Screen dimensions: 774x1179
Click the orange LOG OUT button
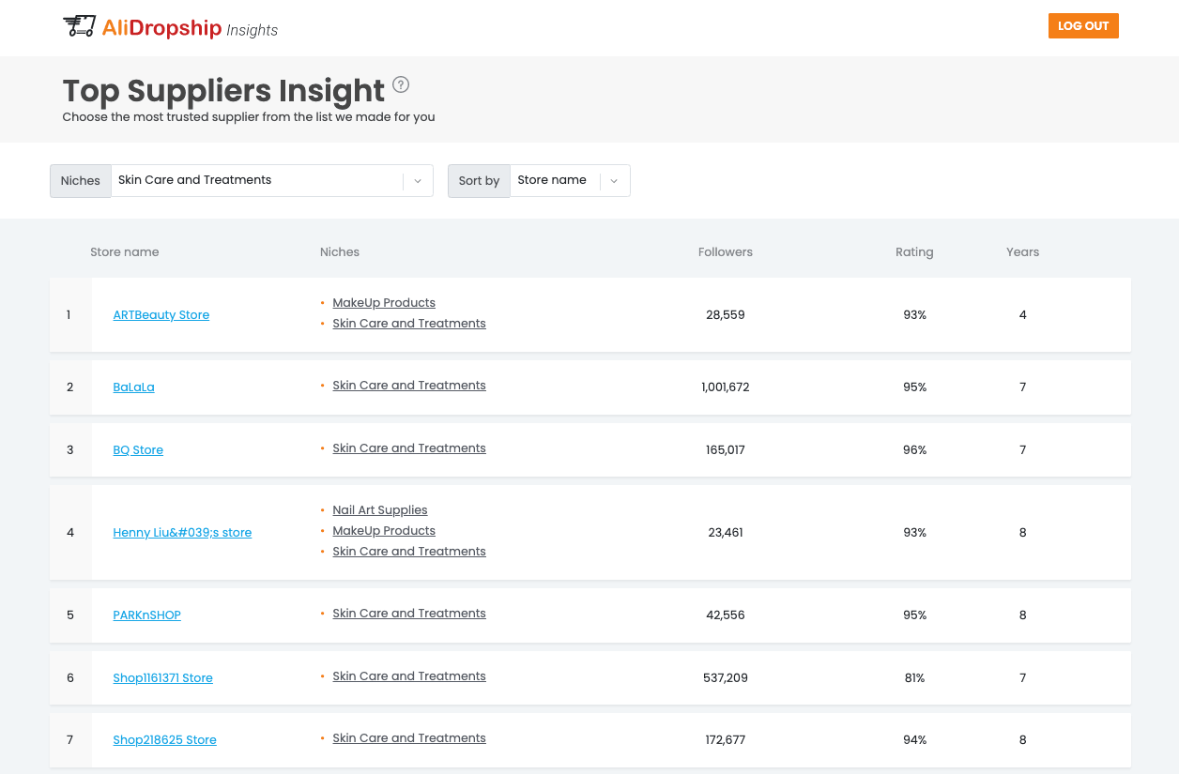pyautogui.click(x=1083, y=26)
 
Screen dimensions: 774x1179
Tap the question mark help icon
pyautogui.click(x=401, y=85)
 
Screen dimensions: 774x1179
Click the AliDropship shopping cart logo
pyautogui.click(x=80, y=26)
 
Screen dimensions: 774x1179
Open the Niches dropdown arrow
pyautogui.click(x=418, y=181)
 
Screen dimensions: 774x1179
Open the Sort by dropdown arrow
pyautogui.click(x=614, y=181)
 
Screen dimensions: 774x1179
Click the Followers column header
pyautogui.click(x=725, y=252)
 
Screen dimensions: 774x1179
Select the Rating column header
pyautogui.click(x=914, y=252)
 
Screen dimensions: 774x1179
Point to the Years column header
pyautogui.click(x=1022, y=252)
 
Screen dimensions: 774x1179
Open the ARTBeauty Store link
pyautogui.click(x=161, y=315)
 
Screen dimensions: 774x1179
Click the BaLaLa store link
pyautogui.click(x=133, y=387)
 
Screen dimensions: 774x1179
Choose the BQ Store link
pyautogui.click(x=138, y=450)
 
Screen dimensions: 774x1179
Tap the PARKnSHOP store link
pyautogui.click(x=146, y=615)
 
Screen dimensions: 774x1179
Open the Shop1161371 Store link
pyautogui.click(x=162, y=678)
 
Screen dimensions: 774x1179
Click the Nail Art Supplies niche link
pyautogui.click(x=379, y=510)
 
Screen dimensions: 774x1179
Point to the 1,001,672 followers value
pyautogui.click(x=725, y=387)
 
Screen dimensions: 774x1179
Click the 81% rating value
pyautogui.click(x=914, y=678)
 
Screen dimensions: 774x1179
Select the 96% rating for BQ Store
pyautogui.click(x=914, y=450)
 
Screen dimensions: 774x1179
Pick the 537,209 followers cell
pyautogui.click(x=725, y=678)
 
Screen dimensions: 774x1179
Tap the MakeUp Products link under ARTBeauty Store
pyautogui.click(x=383, y=303)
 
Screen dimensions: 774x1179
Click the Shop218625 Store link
pyautogui.click(x=164, y=740)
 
